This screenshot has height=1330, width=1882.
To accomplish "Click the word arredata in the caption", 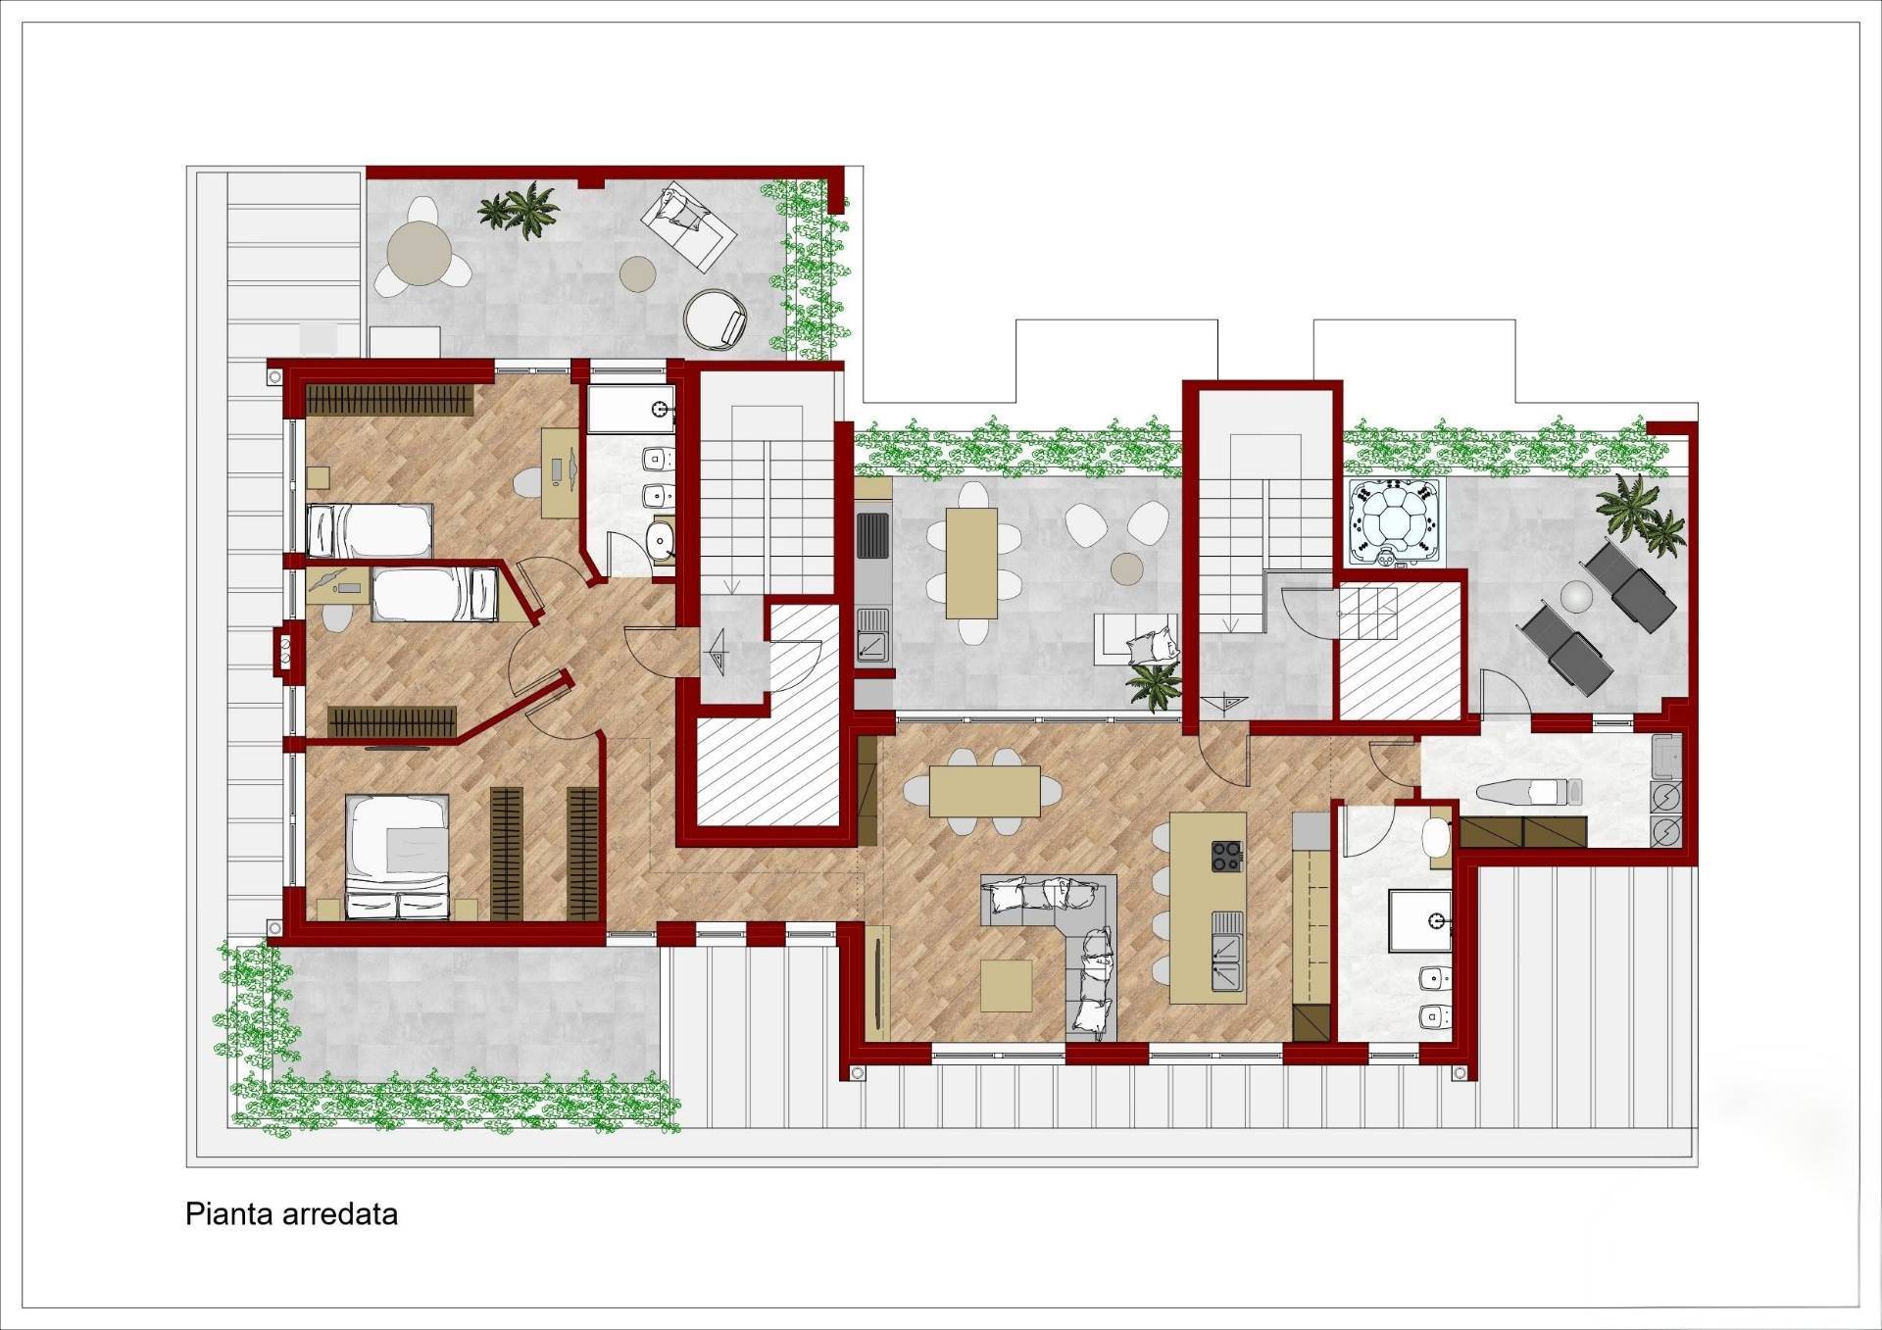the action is tap(339, 1214).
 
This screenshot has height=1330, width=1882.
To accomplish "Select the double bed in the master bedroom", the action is tap(397, 857).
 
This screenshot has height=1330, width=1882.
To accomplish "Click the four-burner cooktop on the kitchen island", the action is tap(1226, 856).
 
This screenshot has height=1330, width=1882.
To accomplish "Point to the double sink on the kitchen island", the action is tap(1226, 950).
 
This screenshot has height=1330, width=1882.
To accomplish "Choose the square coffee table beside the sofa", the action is tap(1006, 985).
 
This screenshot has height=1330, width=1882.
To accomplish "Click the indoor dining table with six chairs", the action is tap(984, 791).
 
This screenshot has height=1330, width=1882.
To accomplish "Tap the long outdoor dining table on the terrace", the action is tap(971, 564).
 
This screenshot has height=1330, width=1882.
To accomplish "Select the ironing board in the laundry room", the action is tap(1528, 792).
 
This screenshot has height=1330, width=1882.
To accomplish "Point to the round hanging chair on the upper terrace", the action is tap(715, 318).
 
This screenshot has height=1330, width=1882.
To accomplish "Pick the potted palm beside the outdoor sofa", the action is tap(1153, 682).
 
